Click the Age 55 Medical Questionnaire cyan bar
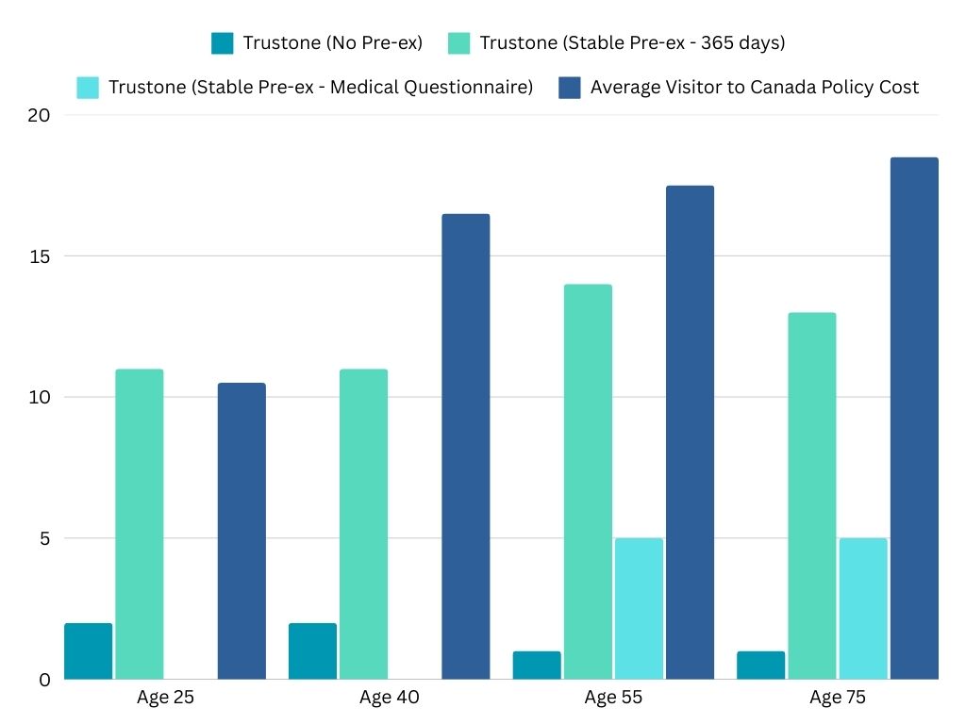coord(639,608)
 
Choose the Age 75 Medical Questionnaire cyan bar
coord(863,608)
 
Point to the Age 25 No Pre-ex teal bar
coord(89,650)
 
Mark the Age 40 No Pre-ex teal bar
coord(312,650)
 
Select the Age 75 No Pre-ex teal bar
coord(760,665)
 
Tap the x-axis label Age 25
coord(164,699)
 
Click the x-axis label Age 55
coord(613,699)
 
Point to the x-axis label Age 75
coord(838,699)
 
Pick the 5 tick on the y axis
coord(42,538)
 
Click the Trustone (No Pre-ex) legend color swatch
coord(223,43)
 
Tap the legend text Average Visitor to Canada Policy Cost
coord(754,88)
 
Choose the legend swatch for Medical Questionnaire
coord(88,88)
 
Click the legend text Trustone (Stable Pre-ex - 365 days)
coord(632,43)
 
